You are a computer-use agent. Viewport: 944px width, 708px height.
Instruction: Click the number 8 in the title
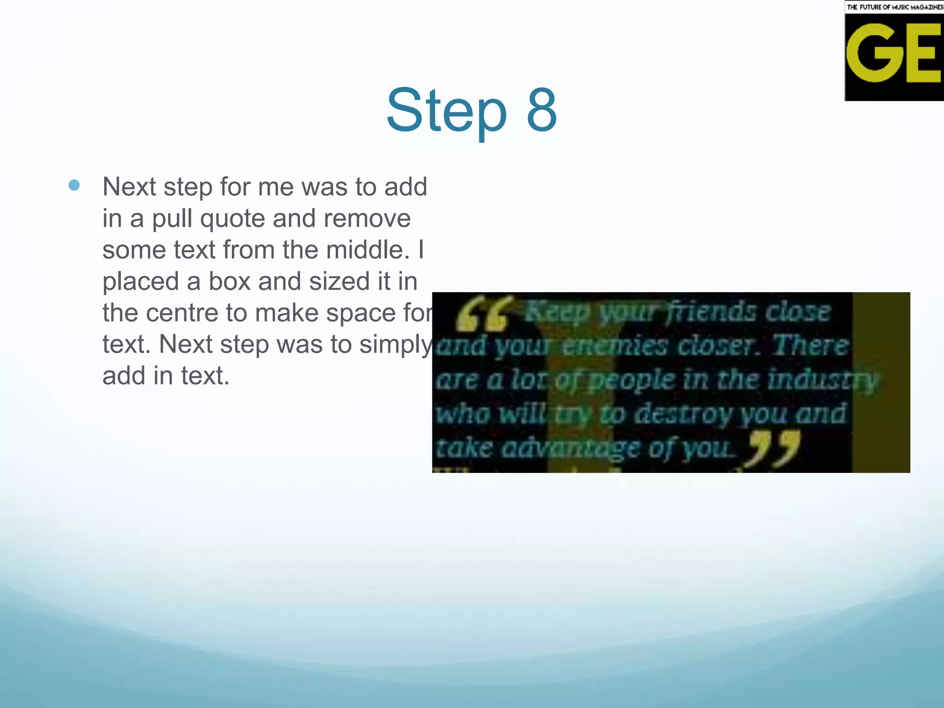pos(542,111)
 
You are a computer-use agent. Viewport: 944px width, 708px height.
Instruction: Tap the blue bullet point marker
pos(74,185)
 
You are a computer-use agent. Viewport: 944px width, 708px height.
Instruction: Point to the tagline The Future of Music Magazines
pos(895,7)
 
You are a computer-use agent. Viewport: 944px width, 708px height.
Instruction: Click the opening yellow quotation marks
pos(483,314)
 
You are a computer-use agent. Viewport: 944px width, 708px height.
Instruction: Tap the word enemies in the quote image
pos(615,346)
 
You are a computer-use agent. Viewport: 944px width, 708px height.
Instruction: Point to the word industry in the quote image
pos(823,380)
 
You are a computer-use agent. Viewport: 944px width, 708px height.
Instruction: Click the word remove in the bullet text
pos(366,219)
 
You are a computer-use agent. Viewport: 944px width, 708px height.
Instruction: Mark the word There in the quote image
pos(810,346)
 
